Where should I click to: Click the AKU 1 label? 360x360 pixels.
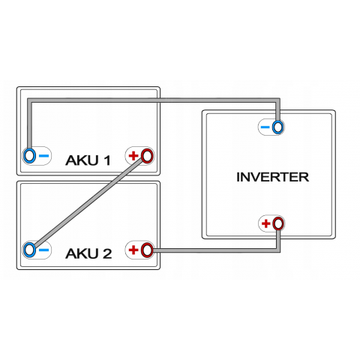(x=88, y=160)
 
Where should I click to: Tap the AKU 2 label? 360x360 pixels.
(x=88, y=253)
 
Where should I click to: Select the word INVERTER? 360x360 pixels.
(x=272, y=177)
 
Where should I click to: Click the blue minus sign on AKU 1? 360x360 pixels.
(x=44, y=156)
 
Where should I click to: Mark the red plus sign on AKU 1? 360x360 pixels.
(x=133, y=155)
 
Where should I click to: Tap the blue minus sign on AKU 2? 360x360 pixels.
(x=44, y=250)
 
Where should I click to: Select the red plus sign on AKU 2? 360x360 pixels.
(x=133, y=250)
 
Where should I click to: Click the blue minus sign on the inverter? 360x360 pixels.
(x=265, y=127)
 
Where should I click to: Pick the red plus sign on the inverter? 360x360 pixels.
(x=266, y=223)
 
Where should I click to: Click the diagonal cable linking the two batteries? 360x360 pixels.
(x=88, y=202)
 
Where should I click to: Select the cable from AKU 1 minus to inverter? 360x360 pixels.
(x=154, y=100)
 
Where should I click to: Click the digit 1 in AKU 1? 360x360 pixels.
(x=107, y=160)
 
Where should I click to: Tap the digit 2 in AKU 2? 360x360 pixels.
(x=107, y=253)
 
